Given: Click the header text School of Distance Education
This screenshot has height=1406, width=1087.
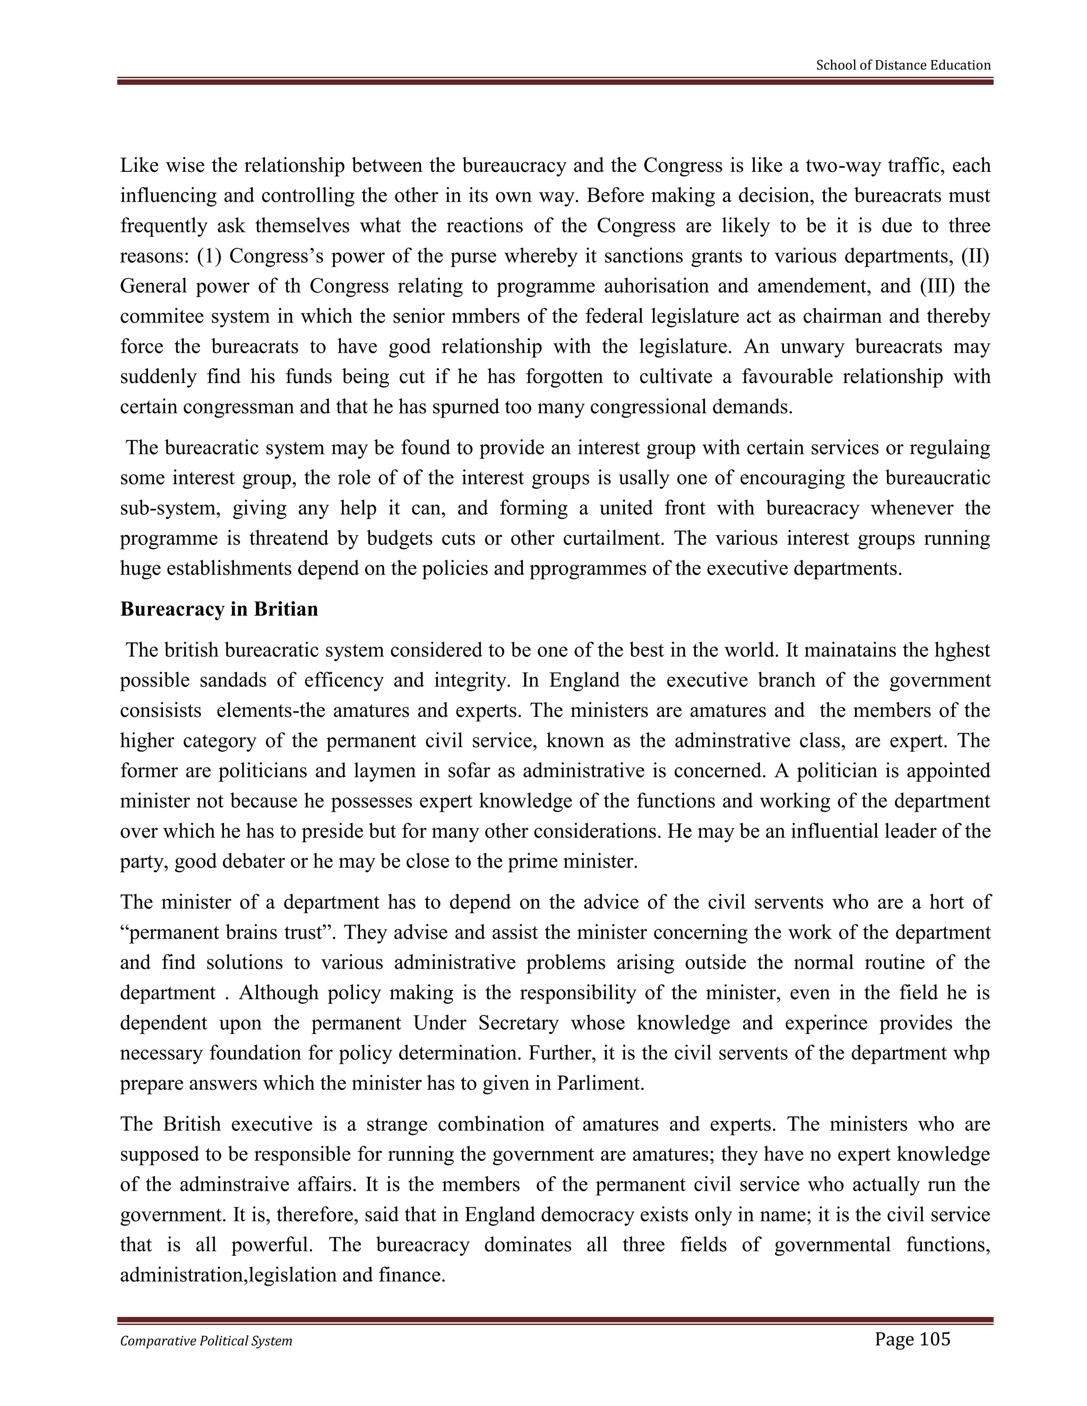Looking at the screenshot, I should (x=903, y=65).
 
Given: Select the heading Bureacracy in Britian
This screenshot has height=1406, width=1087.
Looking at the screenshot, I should (x=219, y=609).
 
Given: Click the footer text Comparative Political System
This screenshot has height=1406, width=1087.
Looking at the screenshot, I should (x=206, y=1341).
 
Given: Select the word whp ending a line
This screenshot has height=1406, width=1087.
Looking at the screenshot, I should (x=973, y=1054).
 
